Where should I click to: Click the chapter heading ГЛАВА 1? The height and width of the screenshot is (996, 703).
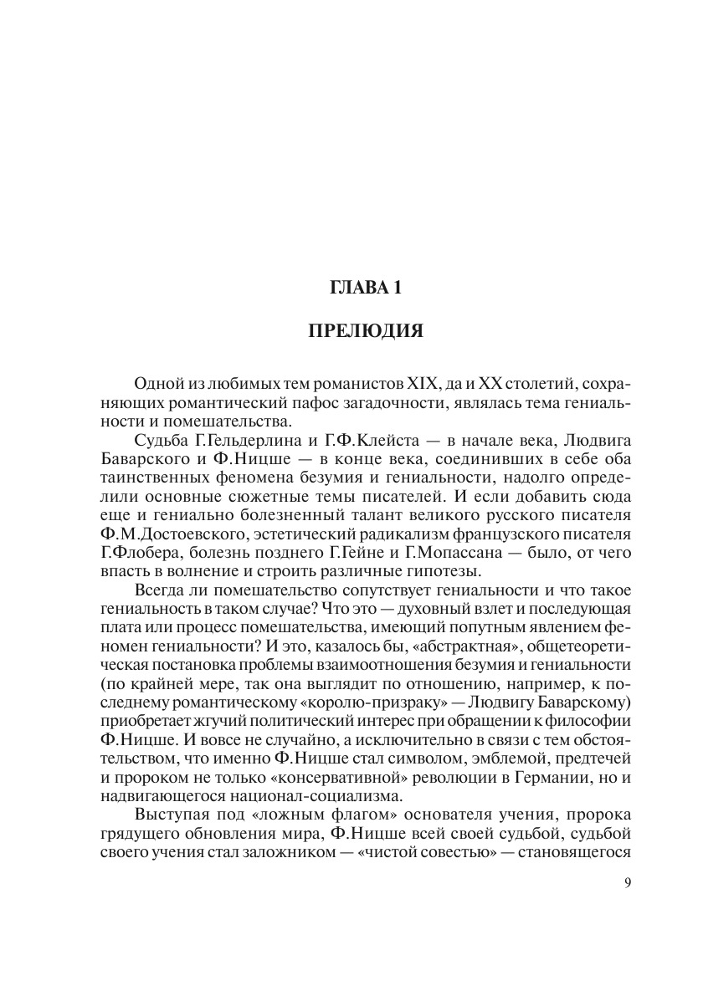(366, 289)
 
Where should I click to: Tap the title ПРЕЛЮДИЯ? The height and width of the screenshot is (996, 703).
(366, 332)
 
